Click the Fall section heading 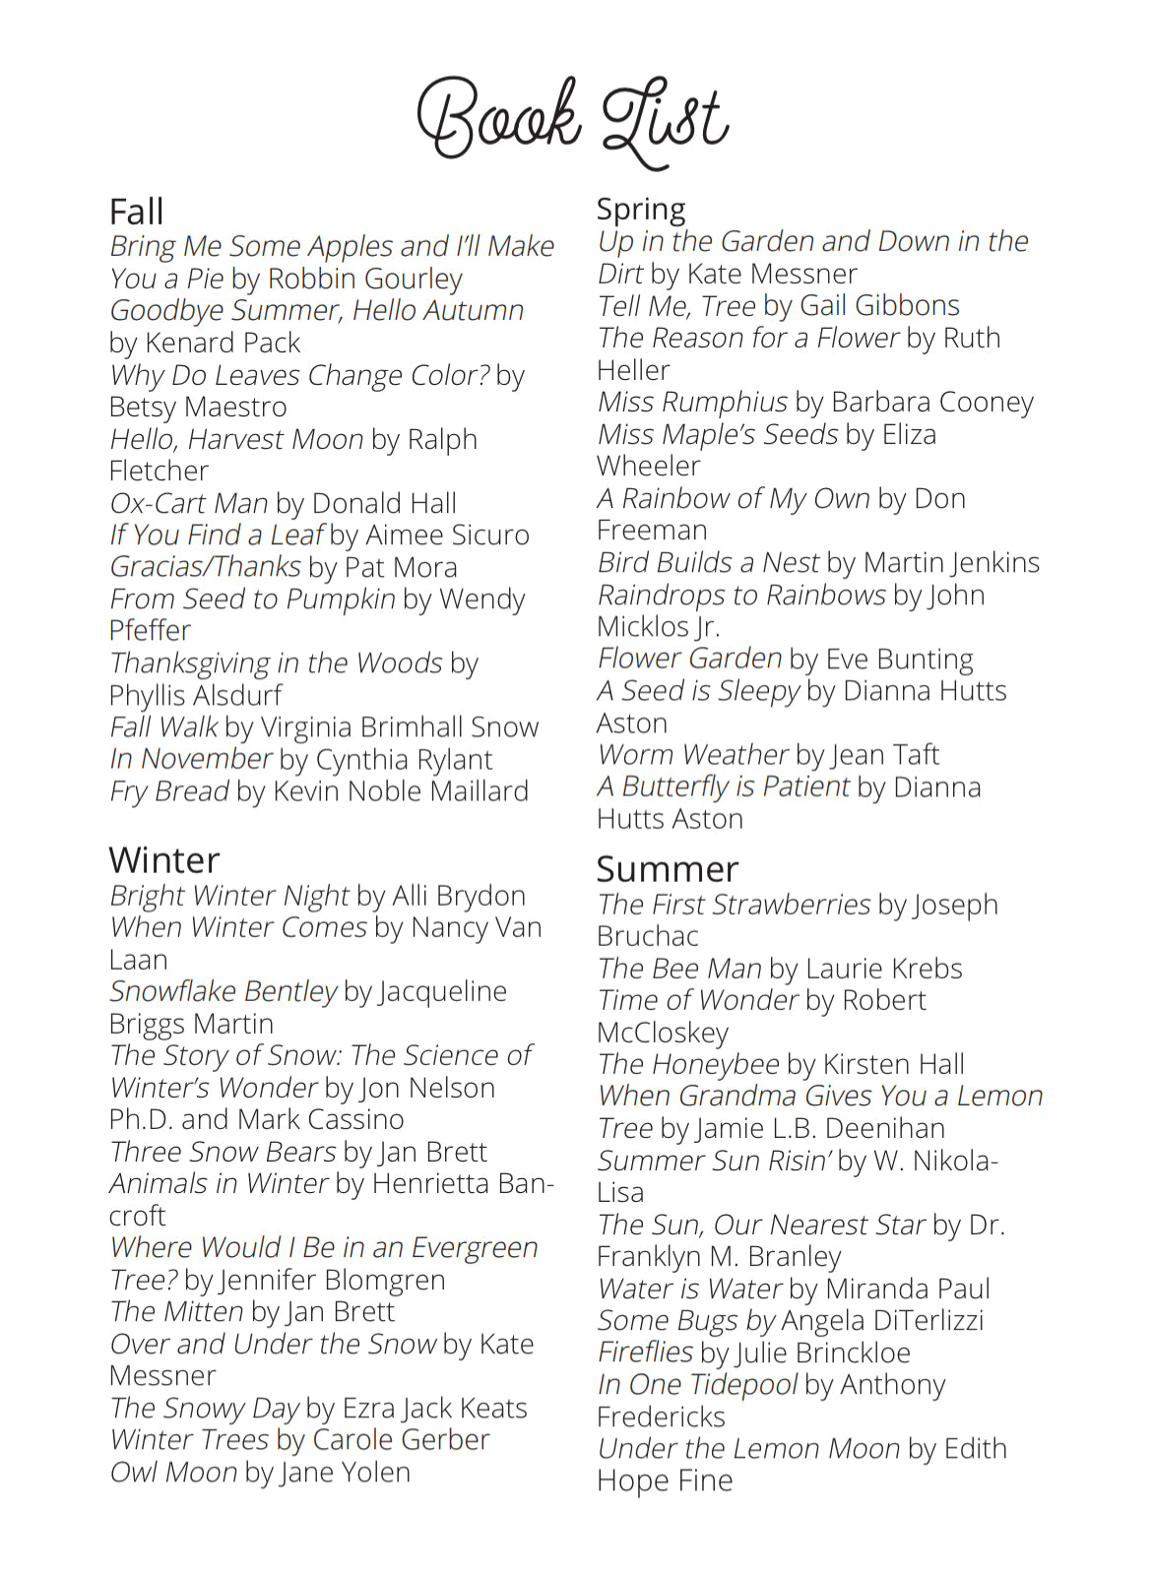[136, 212]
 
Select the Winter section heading [163, 859]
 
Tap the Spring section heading [641, 210]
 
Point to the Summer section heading [667, 869]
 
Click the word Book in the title [498, 119]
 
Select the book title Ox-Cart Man [188, 503]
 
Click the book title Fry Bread [168, 790]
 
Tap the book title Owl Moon [173, 1472]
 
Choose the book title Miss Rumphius [692, 402]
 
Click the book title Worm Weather [692, 754]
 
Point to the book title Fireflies [645, 1352]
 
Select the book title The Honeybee [688, 1064]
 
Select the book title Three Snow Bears [223, 1152]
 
